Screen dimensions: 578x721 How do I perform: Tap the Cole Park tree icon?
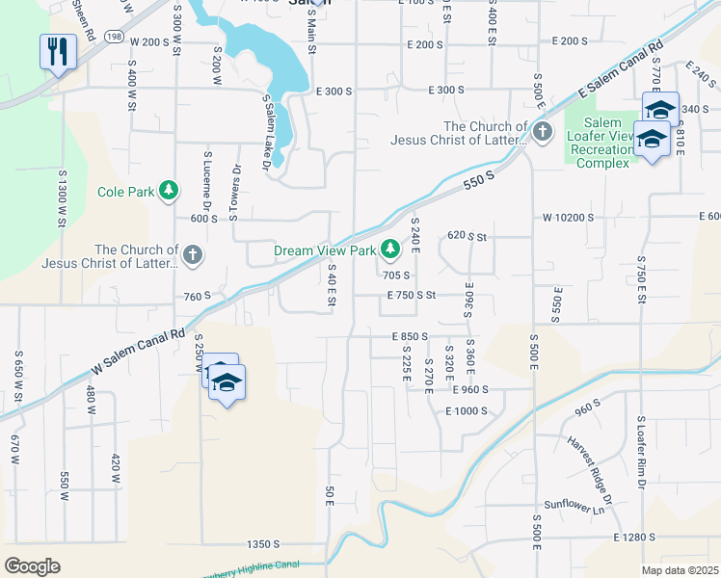(x=170, y=191)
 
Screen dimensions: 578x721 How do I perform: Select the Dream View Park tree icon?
(x=390, y=250)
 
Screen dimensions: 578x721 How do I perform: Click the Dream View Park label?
(x=324, y=250)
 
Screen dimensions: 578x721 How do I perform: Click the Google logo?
(x=32, y=565)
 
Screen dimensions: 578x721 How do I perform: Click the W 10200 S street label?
(x=575, y=217)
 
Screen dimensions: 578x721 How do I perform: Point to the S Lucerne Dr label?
(x=206, y=179)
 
